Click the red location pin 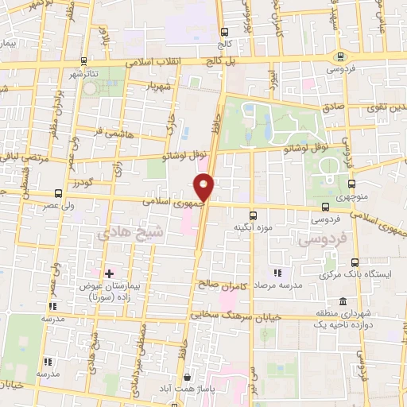(x=204, y=187)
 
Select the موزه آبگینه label (x=254, y=227)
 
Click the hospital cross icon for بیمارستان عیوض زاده (x=110, y=273)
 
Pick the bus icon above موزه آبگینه (x=254, y=215)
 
